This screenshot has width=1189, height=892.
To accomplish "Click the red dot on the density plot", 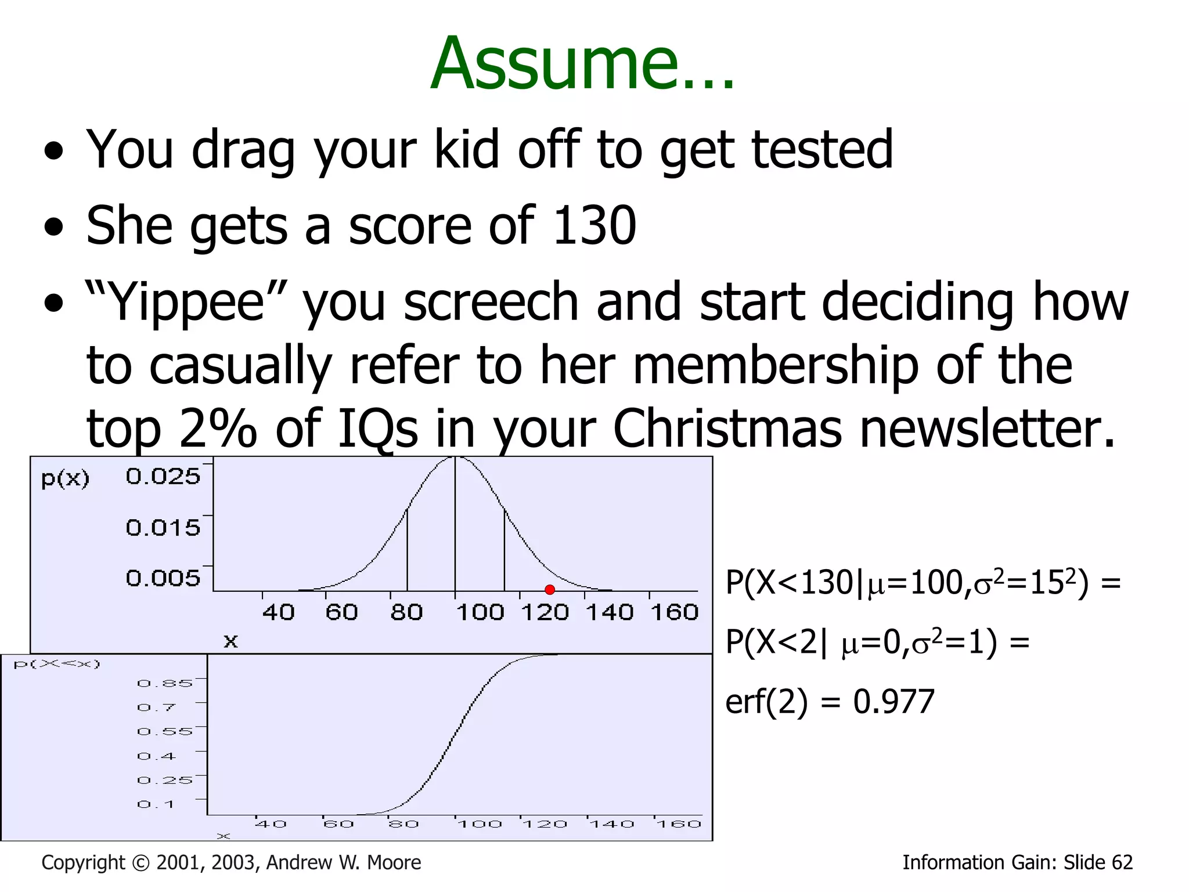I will pyautogui.click(x=550, y=590).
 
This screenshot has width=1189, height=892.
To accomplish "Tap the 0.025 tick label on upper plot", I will pyautogui.click(x=163, y=477).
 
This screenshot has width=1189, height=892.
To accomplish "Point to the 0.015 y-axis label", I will pyautogui.click(x=163, y=528).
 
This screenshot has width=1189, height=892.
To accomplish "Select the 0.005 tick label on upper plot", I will pyautogui.click(x=163, y=578).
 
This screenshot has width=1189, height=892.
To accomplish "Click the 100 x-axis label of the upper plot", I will pyautogui.click(x=480, y=612).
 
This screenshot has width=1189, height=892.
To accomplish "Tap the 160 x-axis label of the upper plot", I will pyautogui.click(x=674, y=612).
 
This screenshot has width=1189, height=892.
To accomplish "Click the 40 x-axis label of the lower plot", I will pyautogui.click(x=271, y=824).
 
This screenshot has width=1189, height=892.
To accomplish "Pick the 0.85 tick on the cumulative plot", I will pyautogui.click(x=164, y=684).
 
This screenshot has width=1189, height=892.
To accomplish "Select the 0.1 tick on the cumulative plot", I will pyautogui.click(x=156, y=804).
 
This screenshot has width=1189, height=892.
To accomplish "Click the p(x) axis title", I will pyautogui.click(x=65, y=479).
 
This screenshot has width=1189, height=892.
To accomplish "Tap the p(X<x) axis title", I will pyautogui.click(x=57, y=664).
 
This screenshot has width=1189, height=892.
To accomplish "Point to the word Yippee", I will pyautogui.click(x=186, y=302).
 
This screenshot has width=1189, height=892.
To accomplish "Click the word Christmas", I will pyautogui.click(x=727, y=429).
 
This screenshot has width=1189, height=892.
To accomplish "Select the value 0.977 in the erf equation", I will pyautogui.click(x=893, y=702).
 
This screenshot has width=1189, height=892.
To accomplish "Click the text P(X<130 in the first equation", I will pyautogui.click(x=790, y=582).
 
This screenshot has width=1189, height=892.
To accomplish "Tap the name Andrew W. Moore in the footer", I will pyautogui.click(x=343, y=862).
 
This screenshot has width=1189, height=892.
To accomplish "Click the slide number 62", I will pyautogui.click(x=1122, y=862).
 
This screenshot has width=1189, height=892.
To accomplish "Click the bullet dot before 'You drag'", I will pyautogui.click(x=53, y=152).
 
